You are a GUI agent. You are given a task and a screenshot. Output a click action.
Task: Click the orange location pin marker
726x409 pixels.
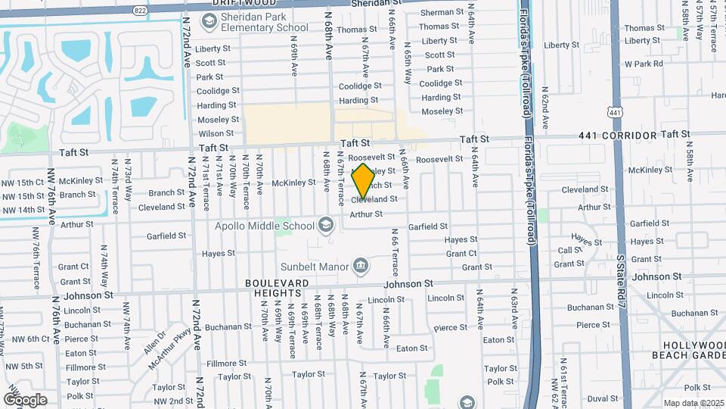click(363, 181)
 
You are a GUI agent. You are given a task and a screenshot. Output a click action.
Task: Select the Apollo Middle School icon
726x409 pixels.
click(326, 224)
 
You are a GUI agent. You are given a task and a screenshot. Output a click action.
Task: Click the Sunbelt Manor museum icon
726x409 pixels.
click(361, 266)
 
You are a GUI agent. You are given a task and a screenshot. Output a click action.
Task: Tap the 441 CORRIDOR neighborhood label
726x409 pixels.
click(618, 136)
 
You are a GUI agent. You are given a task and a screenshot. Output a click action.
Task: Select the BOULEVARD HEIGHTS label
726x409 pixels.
click(277, 288)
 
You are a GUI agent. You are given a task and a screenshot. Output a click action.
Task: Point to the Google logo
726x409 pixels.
click(25, 399)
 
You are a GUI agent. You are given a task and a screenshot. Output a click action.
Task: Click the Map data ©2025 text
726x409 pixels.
click(693, 403)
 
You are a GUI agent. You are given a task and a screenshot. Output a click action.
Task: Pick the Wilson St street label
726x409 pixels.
click(216, 133)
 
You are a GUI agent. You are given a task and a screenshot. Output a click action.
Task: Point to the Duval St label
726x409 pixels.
click(602, 398)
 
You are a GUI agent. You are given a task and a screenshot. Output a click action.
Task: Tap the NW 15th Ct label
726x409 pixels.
click(23, 183)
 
